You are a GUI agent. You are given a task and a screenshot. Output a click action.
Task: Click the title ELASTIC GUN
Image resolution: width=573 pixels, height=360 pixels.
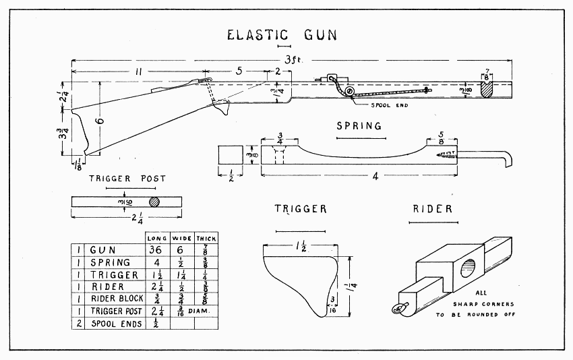pyautogui.click(x=282, y=34)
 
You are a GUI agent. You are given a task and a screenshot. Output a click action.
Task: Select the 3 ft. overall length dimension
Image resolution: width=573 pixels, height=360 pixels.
pyautogui.click(x=292, y=60)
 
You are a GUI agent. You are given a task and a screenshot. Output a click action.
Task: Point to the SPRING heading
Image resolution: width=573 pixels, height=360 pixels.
pyautogui.click(x=359, y=126)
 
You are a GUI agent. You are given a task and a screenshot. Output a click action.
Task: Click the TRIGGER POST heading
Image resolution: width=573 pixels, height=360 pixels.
pyautogui.click(x=127, y=179)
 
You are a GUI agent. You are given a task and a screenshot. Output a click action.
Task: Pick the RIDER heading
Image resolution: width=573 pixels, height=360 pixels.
pyautogui.click(x=432, y=210)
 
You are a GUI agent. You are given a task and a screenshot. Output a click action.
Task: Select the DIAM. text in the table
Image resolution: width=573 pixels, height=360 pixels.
pyautogui.click(x=205, y=312)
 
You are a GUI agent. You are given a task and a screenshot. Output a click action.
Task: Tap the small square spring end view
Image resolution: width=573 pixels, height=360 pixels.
pyautogui.click(x=231, y=155)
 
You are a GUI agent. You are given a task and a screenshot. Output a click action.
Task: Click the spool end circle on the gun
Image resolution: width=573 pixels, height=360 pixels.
pyautogui.click(x=349, y=92)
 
